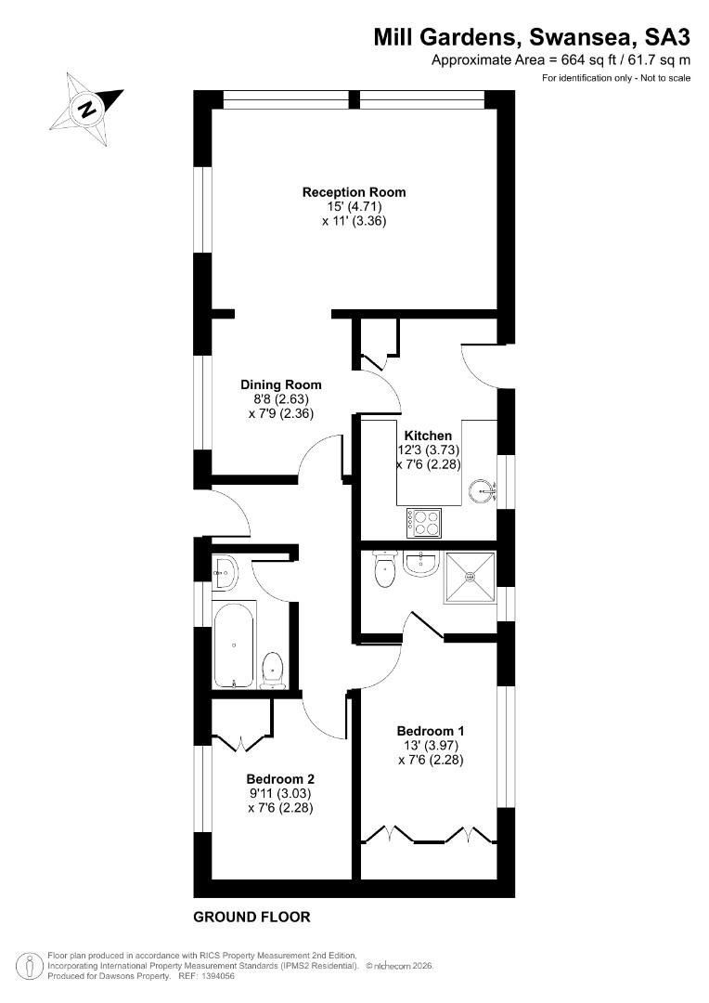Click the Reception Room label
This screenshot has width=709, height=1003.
pyautogui.click(x=354, y=192)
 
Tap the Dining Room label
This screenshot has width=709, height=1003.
pyautogui.click(x=280, y=384)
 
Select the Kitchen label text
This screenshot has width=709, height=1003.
pyautogui.click(x=429, y=436)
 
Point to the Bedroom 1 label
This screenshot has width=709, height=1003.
pyautogui.click(x=431, y=731)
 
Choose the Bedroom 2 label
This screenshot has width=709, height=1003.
pyautogui.click(x=280, y=779)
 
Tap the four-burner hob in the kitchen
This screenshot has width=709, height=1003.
pyautogui.click(x=423, y=523)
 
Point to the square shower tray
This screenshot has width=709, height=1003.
pyautogui.click(x=471, y=577)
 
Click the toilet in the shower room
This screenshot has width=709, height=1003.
pyautogui.click(x=385, y=568)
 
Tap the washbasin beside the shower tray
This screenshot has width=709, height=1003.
pyautogui.click(x=421, y=564)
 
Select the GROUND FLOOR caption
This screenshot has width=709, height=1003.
pyautogui.click(x=251, y=917)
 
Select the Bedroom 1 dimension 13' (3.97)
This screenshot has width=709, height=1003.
pyautogui.click(x=431, y=745)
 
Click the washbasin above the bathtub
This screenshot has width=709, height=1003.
pyautogui.click(x=226, y=571)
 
